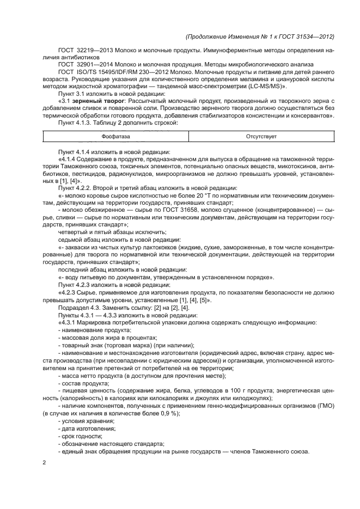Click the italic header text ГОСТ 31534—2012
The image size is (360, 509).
(306, 36)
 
